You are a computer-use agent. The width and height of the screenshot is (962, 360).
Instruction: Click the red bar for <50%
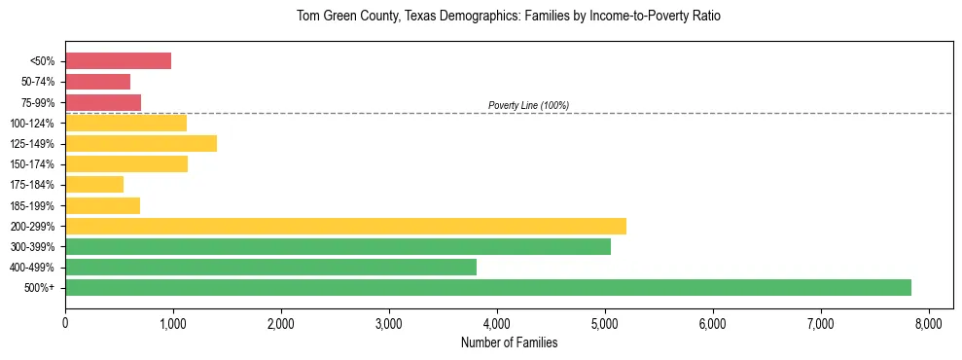(118, 61)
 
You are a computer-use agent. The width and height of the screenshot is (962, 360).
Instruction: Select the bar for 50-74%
(97, 82)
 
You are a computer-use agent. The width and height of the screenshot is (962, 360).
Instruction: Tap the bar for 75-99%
(103, 102)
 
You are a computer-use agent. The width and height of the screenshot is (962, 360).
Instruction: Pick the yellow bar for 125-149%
(141, 144)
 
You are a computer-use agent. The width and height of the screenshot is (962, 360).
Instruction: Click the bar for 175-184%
(94, 185)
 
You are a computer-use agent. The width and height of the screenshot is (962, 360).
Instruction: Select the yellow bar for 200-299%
(345, 226)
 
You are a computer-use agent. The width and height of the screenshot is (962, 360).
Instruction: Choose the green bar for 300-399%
(338, 246)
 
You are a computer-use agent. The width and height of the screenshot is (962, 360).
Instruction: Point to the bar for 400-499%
(270, 267)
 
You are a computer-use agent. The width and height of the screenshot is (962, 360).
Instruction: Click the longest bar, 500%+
(488, 287)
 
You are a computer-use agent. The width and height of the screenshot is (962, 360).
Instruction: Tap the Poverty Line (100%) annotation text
(528, 105)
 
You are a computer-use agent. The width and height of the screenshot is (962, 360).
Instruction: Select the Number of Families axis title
(508, 342)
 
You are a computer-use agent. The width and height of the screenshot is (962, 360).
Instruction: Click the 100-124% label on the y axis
(32, 124)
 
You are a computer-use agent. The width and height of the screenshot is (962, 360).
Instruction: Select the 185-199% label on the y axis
(32, 205)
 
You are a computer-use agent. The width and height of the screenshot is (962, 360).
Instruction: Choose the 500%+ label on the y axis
(39, 288)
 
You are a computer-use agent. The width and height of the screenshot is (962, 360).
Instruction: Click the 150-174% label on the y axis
(32, 164)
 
